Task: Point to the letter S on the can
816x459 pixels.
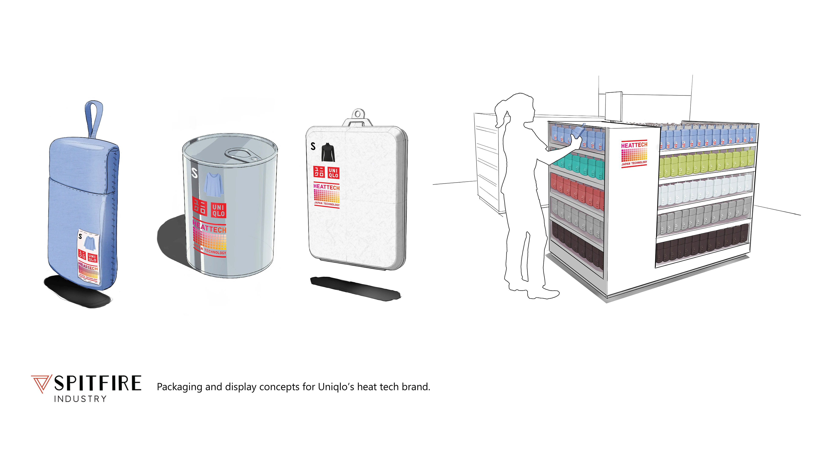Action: (194, 173)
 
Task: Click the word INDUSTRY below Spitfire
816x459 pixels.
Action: (80, 399)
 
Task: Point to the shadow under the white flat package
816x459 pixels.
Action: (355, 289)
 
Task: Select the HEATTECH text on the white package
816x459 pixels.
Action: (326, 187)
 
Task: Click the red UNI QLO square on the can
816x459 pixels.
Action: (219, 211)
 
